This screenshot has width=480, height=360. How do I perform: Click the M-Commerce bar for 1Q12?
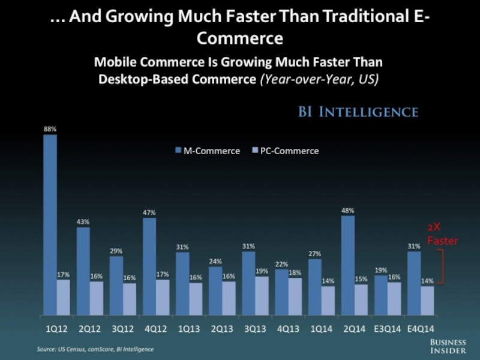tap(50, 224)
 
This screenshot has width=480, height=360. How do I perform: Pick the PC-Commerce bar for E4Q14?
tap(427, 301)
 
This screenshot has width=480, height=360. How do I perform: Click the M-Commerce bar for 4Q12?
tap(149, 266)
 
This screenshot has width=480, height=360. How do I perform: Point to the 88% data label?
tap(50, 128)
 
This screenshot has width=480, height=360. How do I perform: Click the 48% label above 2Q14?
tap(348, 211)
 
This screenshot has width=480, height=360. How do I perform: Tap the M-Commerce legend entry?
tap(205, 151)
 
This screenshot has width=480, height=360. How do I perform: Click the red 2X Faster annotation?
tap(442, 235)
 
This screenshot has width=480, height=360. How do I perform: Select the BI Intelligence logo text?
tap(358, 112)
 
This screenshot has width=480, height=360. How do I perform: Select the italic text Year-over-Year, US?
tap(319, 79)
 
